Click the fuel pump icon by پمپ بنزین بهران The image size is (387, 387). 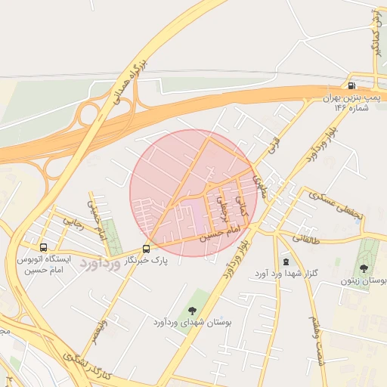[x=352, y=86]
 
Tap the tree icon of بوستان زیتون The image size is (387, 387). [x=364, y=268]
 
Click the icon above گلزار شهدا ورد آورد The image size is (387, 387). [x=285, y=261]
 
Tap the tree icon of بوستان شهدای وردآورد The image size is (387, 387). [x=191, y=309]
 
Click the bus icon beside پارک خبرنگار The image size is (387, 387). [x=146, y=248]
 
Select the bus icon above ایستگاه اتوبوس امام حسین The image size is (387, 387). [x=43, y=247]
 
